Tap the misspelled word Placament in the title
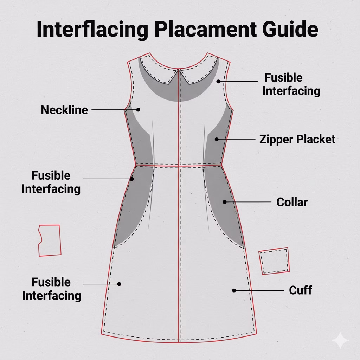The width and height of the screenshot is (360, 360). (205, 29)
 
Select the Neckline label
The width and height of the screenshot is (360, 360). (64, 110)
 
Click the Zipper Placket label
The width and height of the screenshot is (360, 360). (297, 139)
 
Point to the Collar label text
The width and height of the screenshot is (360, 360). (292, 202)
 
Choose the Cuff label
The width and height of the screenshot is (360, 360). (301, 290)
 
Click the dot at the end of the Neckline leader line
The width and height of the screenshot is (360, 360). (138, 110)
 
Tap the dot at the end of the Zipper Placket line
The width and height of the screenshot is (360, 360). (217, 139)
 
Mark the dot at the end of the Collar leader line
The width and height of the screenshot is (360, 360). (225, 202)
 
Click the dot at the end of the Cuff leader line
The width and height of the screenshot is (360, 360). (234, 290)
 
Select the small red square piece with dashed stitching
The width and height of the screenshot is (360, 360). (274, 261)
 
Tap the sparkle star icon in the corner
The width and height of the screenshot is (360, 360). (340, 340)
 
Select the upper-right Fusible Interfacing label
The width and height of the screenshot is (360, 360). (291, 84)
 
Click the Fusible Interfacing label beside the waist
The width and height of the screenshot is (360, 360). (51, 182)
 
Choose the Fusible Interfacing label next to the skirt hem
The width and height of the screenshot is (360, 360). (52, 289)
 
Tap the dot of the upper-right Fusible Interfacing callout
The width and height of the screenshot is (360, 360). (218, 81)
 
